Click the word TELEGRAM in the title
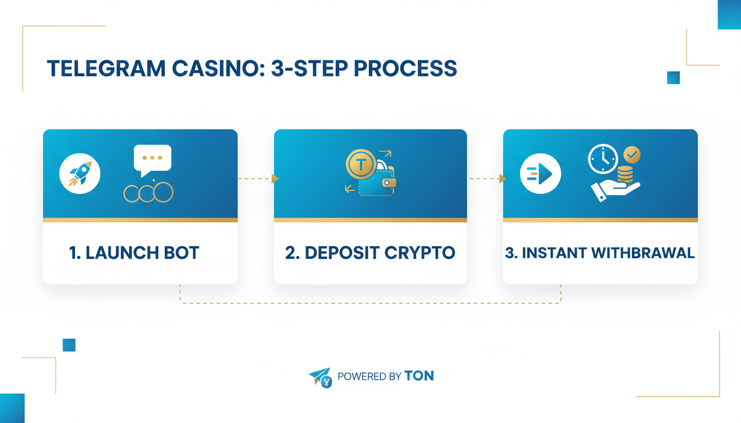[x=105, y=68]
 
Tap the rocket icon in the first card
[x=80, y=173]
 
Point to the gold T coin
[x=361, y=164]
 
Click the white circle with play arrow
[x=540, y=173]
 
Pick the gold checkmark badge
[x=631, y=155]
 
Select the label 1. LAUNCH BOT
[x=134, y=253]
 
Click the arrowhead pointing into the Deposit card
[x=275, y=178]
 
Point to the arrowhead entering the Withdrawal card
[x=502, y=178]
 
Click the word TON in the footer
[x=419, y=376]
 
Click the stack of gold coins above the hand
[x=625, y=175]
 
